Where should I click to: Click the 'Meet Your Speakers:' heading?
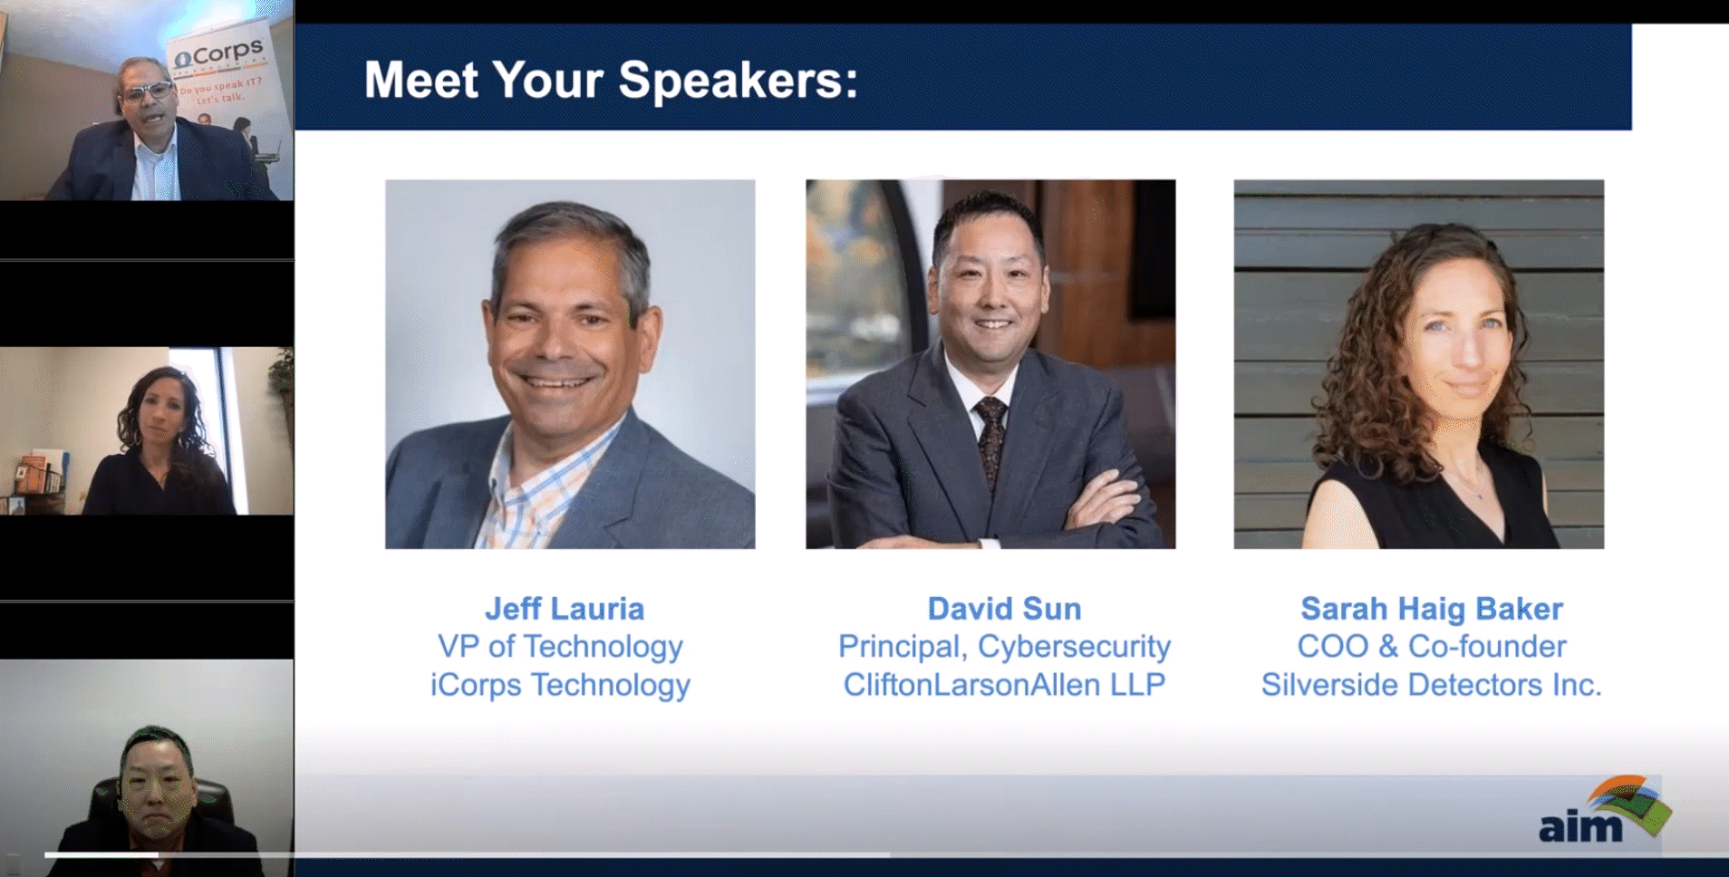(611, 80)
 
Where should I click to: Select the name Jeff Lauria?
(565, 609)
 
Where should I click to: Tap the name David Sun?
(1004, 609)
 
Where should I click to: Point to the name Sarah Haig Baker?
(1432, 609)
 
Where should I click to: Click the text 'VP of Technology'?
(560, 647)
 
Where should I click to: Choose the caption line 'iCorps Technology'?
(560, 685)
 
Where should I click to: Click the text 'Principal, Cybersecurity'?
(1004, 647)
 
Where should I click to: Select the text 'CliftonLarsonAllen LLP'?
(1004, 685)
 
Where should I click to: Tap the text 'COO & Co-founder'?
(1432, 647)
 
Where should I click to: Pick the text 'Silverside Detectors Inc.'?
(1432, 685)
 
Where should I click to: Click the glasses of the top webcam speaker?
(147, 92)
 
